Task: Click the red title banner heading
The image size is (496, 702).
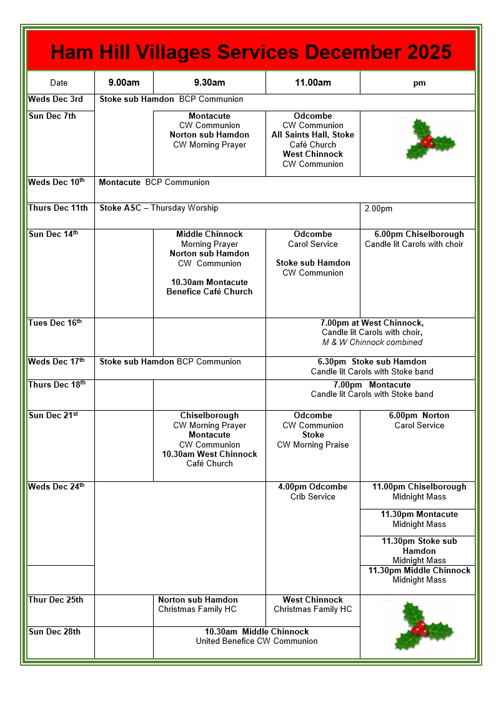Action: tap(250, 51)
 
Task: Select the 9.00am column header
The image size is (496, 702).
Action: tap(124, 83)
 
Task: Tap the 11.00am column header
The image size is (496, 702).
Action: tap(312, 83)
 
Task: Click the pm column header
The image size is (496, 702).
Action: tap(419, 83)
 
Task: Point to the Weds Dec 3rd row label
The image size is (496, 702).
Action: tap(56, 99)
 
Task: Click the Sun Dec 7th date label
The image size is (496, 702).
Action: tap(52, 116)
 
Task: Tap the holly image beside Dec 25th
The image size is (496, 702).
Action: tap(419, 626)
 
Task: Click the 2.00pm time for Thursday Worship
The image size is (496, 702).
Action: tap(379, 208)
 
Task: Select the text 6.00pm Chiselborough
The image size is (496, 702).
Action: tap(419, 234)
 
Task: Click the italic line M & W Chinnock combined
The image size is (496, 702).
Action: tap(372, 343)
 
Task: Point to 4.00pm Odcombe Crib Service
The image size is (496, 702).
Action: tap(312, 491)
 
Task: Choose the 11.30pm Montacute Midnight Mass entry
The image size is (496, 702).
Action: tap(419, 519)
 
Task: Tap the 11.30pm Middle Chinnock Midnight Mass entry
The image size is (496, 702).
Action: tap(419, 575)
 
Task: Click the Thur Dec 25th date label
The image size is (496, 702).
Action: tap(56, 600)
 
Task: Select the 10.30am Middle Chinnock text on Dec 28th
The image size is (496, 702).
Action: tap(257, 631)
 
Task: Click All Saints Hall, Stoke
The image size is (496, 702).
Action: tap(312, 135)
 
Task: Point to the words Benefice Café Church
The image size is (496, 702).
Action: tap(209, 292)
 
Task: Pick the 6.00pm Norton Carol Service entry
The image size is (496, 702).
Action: tap(419, 420)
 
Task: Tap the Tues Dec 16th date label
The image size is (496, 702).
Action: tap(55, 323)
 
